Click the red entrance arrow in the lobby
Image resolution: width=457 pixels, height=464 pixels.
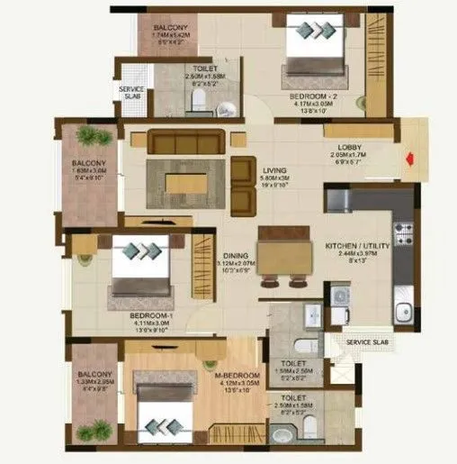[x=409, y=161]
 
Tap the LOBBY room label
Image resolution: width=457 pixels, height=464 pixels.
[x=350, y=148]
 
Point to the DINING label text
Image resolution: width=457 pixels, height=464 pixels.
[x=236, y=255]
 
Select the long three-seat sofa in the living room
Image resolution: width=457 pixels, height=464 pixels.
[x=187, y=141]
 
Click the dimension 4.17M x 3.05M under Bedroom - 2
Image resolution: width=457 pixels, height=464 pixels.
[x=311, y=104]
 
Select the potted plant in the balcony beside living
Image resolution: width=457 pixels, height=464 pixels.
[x=89, y=136]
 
